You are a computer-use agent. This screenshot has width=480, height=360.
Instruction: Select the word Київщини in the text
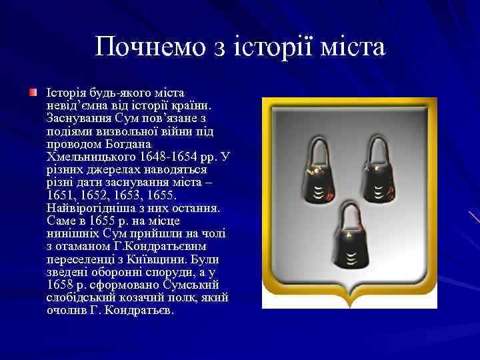pyautogui.click(x=158, y=259)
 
